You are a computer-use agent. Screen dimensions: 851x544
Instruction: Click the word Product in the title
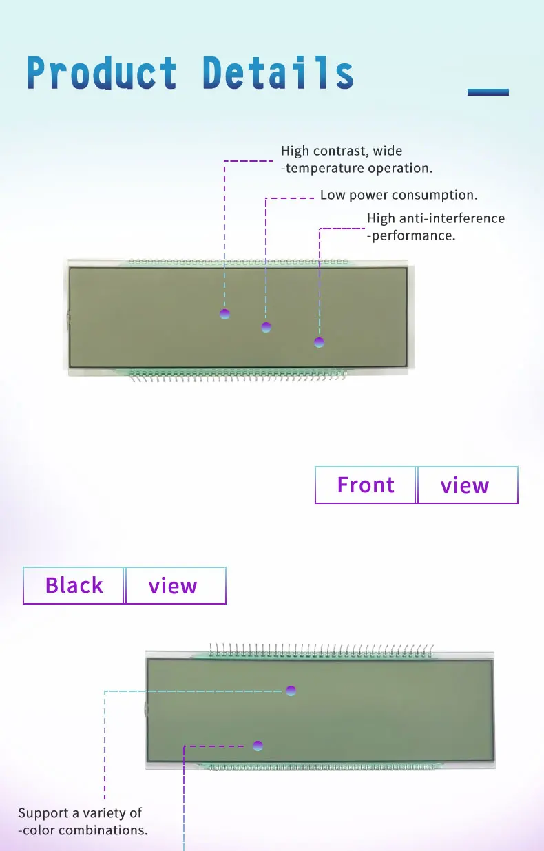point(102,73)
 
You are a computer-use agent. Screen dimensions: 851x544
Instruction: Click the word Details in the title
point(278,73)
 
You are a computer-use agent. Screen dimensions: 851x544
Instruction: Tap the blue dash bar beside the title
point(488,92)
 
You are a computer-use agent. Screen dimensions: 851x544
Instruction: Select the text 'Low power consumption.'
point(399,195)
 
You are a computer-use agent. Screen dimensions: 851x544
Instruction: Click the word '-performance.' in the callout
point(411,235)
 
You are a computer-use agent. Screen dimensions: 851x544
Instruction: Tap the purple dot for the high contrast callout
point(224,315)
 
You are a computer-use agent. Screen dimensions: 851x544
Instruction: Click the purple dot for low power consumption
point(266,327)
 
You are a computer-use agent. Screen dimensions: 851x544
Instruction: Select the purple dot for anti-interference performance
point(319,342)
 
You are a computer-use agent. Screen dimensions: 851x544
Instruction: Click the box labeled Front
point(366,485)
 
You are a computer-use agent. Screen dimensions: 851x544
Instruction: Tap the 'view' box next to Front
point(466,485)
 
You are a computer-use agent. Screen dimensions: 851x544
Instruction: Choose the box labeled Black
point(74,586)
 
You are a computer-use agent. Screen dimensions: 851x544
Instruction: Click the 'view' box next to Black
point(174,586)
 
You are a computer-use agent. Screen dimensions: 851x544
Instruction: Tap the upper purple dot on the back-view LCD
point(291,690)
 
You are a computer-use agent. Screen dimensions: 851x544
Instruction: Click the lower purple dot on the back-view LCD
point(258,745)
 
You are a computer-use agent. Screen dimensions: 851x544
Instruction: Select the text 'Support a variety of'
point(80,813)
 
